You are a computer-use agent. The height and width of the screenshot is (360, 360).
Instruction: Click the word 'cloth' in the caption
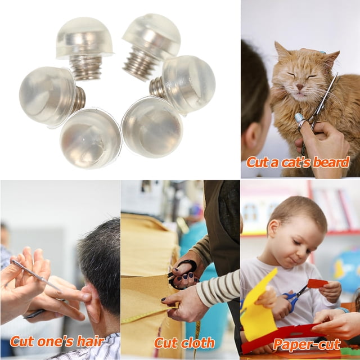point(197,343)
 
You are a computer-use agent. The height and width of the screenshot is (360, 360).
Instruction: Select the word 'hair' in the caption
point(90,341)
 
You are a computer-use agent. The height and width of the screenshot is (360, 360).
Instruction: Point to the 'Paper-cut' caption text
point(307,344)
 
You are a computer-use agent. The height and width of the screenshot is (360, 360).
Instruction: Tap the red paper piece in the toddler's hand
point(317,283)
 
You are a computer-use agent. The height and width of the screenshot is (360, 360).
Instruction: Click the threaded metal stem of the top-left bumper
point(85,67)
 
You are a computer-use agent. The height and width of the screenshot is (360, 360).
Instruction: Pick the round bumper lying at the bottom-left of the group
point(91,138)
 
